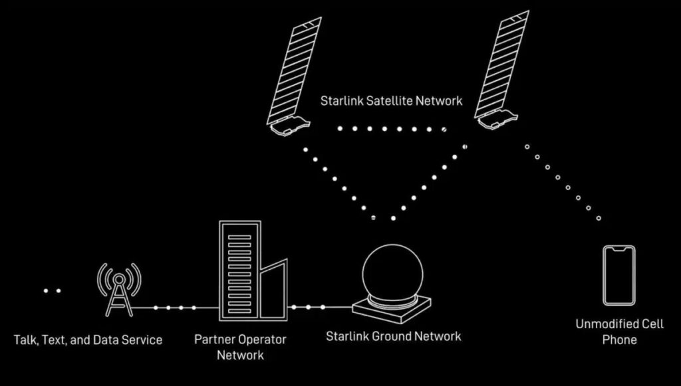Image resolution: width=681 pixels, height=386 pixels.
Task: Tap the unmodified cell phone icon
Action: pos(618,275)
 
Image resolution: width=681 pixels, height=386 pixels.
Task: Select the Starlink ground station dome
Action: pos(392,272)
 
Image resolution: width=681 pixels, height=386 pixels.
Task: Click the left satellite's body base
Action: pos(289,124)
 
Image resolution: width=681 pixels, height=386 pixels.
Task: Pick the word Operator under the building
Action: pos(263,339)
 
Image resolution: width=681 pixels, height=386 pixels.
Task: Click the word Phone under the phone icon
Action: pos(619,339)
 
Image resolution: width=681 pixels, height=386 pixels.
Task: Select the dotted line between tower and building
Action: pos(175,308)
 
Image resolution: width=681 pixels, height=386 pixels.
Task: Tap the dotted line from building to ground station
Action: pos(313,307)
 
